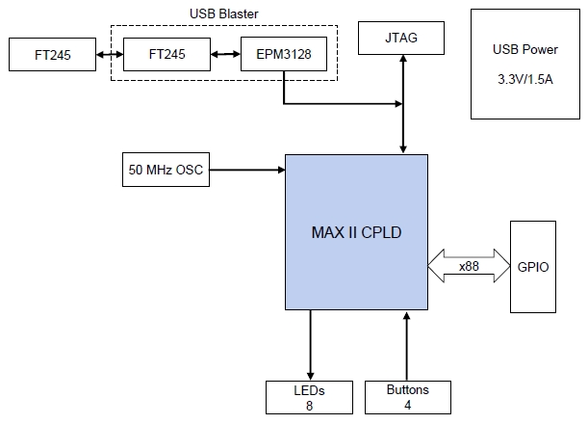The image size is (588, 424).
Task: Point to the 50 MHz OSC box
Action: click(x=165, y=170)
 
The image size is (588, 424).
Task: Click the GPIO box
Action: click(x=532, y=266)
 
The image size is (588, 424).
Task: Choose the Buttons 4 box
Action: click(x=407, y=397)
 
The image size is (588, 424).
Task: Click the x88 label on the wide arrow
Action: click(x=469, y=266)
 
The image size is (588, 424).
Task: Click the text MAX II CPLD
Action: click(x=356, y=232)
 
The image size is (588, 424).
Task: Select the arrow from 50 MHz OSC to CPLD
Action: click(x=247, y=170)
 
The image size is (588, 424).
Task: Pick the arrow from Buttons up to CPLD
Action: click(x=407, y=346)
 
